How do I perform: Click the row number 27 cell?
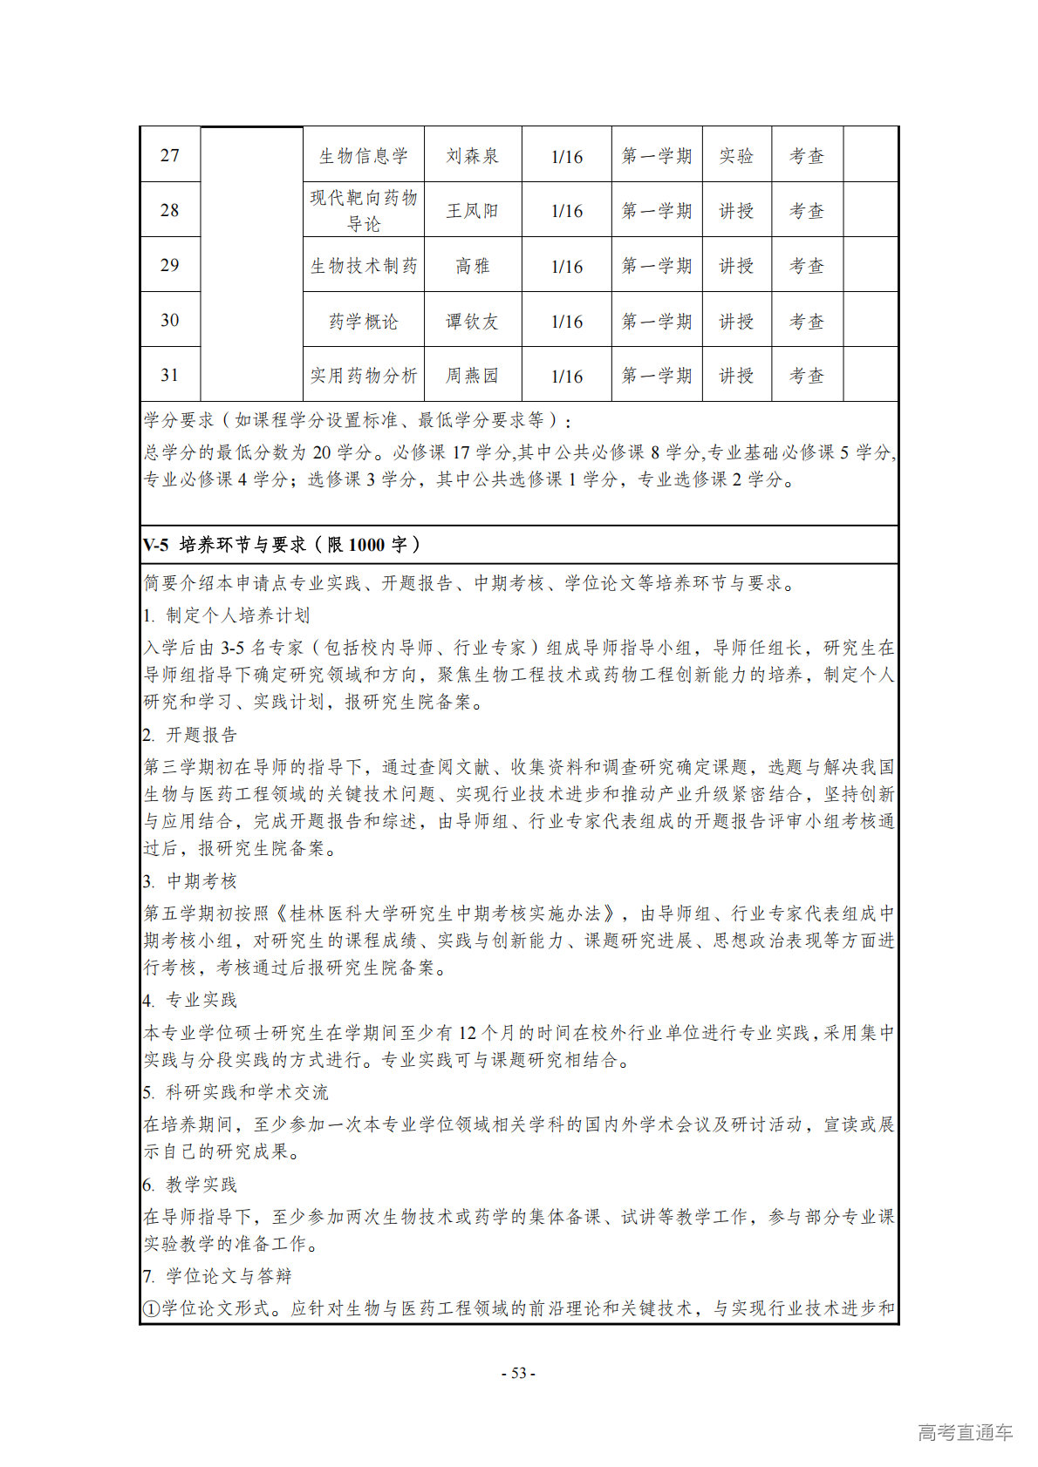click(170, 156)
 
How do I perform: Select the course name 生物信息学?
click(364, 156)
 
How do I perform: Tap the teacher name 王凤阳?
click(472, 211)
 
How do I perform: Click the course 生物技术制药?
click(364, 266)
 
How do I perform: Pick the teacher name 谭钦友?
click(472, 321)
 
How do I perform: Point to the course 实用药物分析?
click(364, 376)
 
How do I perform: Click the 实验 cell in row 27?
click(736, 156)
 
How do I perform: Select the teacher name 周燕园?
click(472, 376)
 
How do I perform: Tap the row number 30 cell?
click(170, 321)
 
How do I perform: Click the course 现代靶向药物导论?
click(364, 211)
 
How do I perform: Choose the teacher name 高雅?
click(472, 266)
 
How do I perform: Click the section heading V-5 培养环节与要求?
click(282, 545)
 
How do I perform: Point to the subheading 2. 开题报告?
click(190, 735)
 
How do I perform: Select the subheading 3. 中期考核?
click(190, 881)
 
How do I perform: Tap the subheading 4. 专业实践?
click(190, 1000)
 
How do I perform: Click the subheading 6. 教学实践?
click(190, 1185)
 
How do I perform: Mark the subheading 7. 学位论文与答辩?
click(217, 1276)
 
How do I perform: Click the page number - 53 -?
click(518, 1373)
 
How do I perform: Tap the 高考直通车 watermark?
click(965, 1432)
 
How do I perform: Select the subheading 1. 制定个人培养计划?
click(226, 615)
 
